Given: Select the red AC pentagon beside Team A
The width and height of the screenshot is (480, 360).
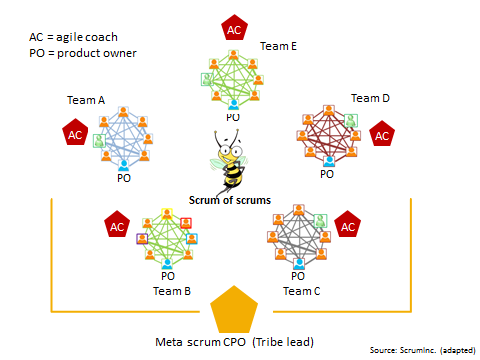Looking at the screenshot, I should [x=73, y=133].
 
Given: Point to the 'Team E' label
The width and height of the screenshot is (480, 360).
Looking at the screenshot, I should [x=278, y=45].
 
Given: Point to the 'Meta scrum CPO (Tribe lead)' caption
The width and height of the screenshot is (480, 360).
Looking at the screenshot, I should [x=235, y=342].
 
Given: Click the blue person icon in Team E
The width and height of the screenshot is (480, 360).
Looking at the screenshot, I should [x=233, y=103].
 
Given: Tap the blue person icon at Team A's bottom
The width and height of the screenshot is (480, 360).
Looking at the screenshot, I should [x=124, y=163].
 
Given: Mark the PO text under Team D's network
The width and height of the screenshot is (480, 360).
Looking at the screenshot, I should [x=327, y=173].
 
